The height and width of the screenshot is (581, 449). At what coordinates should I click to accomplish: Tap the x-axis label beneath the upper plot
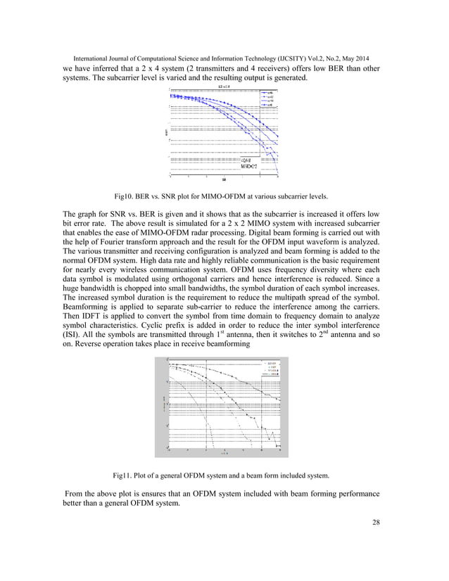(x=224, y=180)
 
